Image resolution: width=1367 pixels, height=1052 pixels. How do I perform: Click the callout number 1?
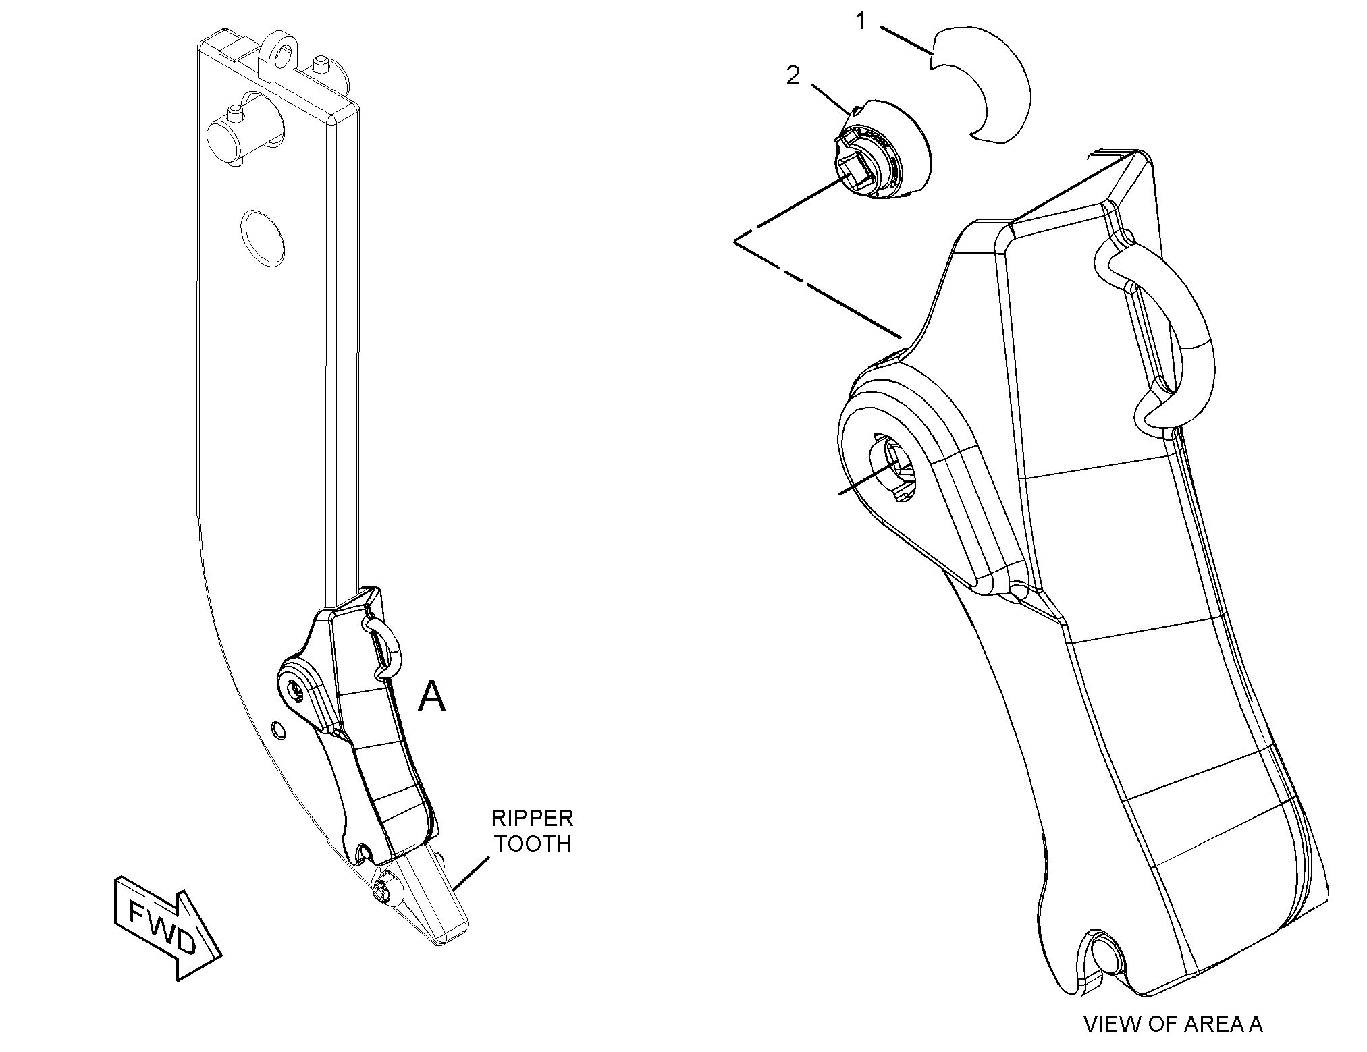(x=861, y=22)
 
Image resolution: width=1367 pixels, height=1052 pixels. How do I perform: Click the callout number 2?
(x=793, y=76)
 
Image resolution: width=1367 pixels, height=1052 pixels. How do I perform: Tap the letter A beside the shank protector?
(x=431, y=697)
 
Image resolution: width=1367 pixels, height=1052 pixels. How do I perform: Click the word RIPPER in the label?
(x=532, y=819)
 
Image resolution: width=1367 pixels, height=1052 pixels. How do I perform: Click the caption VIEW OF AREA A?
(x=1173, y=1024)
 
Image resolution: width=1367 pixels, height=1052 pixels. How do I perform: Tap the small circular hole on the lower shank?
(x=275, y=729)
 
